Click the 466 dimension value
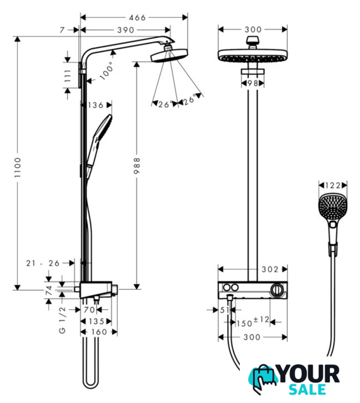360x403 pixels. (137, 18)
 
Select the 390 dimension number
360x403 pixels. (126, 30)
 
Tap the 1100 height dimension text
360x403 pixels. (18, 167)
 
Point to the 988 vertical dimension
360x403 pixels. (137, 166)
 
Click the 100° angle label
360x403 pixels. (106, 71)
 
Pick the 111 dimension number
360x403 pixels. (67, 76)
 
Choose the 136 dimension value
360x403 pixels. (95, 105)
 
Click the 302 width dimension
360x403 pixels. (270, 270)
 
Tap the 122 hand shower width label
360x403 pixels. (333, 185)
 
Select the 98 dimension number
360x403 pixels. (252, 83)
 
